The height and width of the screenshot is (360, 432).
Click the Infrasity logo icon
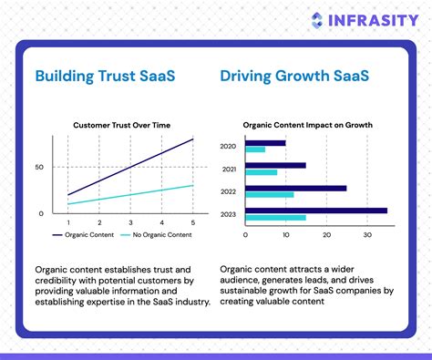coord(316,20)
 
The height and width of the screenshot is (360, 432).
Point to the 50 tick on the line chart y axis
coord(39,168)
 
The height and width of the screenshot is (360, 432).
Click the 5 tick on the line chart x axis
coord(192,223)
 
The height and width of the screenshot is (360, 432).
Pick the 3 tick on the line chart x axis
coord(130,223)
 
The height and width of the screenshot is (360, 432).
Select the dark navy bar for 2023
coord(316,211)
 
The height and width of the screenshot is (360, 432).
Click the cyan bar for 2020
coord(255,149)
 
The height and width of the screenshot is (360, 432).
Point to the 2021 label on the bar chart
coord(231,169)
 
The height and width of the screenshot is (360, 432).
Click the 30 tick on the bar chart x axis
coord(367,234)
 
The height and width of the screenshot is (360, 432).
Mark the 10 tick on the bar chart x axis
coord(286,234)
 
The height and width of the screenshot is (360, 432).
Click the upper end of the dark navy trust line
coord(192,139)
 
